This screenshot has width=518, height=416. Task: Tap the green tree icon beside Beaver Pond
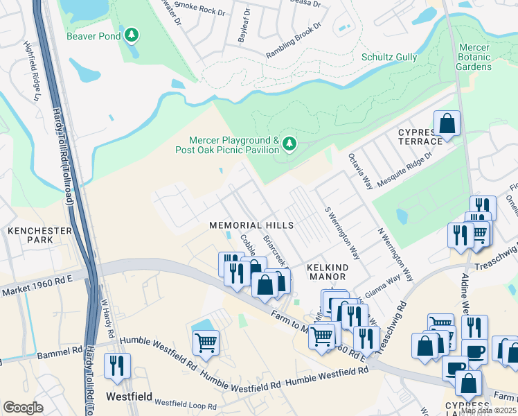pyautogui.click(x=130, y=35)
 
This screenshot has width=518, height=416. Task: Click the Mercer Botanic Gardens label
pyautogui.click(x=474, y=57)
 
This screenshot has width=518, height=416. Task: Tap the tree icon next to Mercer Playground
pyautogui.click(x=289, y=144)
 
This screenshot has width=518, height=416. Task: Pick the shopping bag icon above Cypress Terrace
pyautogui.click(x=447, y=124)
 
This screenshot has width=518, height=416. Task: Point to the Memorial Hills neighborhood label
pyautogui.click(x=252, y=225)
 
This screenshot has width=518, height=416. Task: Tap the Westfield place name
pyautogui.click(x=129, y=397)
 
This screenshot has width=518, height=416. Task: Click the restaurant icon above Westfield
pyautogui.click(x=116, y=365)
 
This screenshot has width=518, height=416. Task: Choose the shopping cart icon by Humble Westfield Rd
pyautogui.click(x=206, y=342)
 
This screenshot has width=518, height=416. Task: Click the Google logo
pyautogui.click(x=23, y=407)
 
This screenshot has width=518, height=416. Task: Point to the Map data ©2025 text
pyautogui.click(x=488, y=410)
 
